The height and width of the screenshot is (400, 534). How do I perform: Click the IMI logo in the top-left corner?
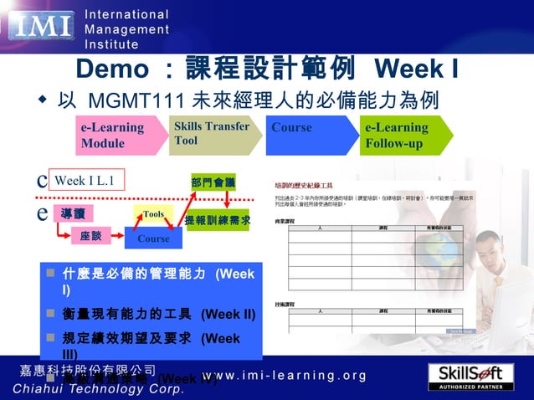pyautogui.click(x=42, y=28)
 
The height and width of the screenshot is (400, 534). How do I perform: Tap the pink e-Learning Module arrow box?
pyautogui.click(x=110, y=136)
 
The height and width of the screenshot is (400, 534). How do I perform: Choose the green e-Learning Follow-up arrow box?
pyautogui.click(x=402, y=136)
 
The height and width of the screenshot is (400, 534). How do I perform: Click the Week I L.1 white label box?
pyautogui.click(x=83, y=181)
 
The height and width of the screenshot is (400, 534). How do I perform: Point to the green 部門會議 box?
pyautogui.click(x=213, y=182)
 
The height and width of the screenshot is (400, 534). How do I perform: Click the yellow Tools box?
pyautogui.click(x=153, y=214)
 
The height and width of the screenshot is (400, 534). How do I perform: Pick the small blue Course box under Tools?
pyautogui.click(x=153, y=238)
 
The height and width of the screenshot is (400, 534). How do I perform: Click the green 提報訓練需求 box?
pyautogui.click(x=217, y=220)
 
